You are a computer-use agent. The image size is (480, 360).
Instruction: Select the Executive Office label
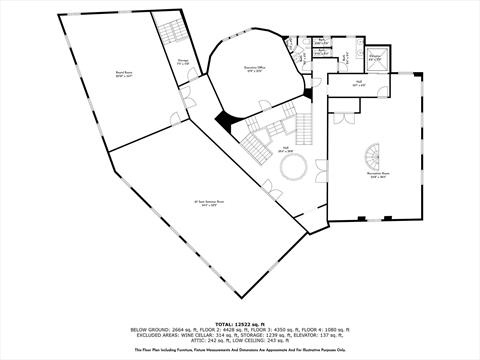coord(255,68)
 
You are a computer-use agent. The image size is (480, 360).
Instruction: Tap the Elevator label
coord(376,57)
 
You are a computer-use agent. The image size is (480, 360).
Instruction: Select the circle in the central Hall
coord(291,171)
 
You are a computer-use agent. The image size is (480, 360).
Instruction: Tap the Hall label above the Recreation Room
coord(359,83)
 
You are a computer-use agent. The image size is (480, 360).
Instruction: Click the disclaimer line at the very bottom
coord(240,350)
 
